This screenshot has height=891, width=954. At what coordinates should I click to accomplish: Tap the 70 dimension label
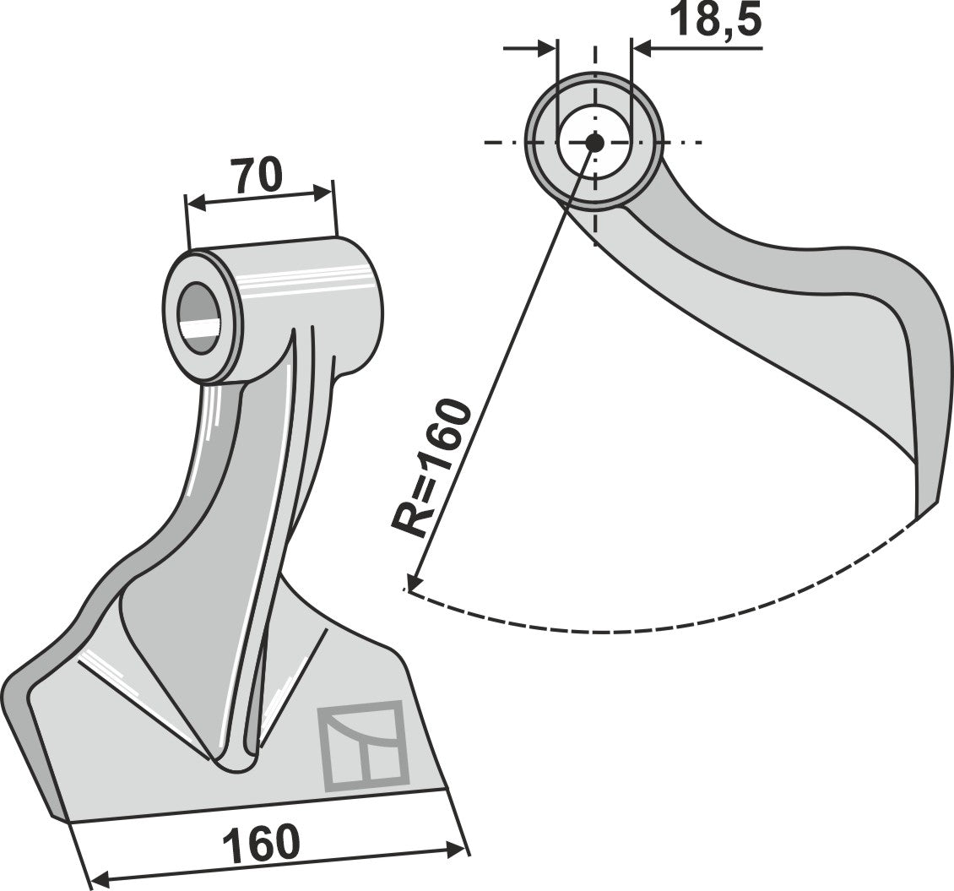tap(257, 176)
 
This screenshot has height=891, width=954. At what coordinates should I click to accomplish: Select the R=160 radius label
tap(431, 467)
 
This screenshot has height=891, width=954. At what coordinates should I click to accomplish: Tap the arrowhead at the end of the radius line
tap(411, 584)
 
